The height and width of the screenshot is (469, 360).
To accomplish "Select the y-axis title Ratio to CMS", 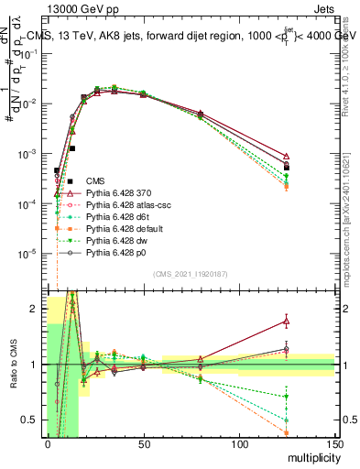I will coord(12,366).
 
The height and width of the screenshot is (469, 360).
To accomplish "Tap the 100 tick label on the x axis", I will coord(239,444).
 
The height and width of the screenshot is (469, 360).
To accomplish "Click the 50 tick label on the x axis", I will coord(144,444).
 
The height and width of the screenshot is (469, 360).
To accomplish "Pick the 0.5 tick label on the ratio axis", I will coord(30,420).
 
